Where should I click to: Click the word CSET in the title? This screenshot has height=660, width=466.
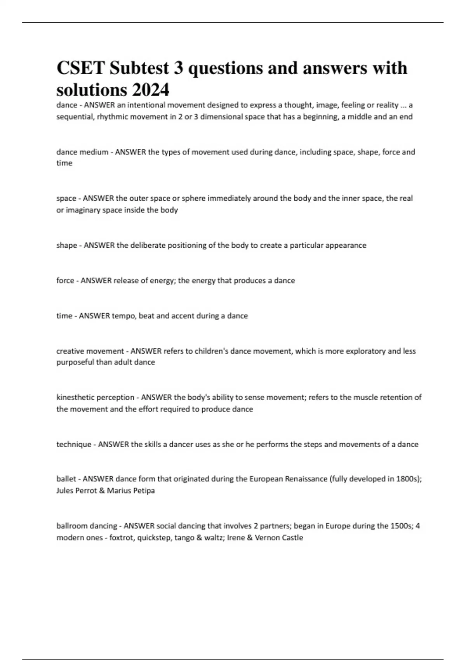tap(80, 68)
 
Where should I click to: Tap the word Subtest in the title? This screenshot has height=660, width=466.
tap(139, 68)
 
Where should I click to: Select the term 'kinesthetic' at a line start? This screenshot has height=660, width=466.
tap(75, 398)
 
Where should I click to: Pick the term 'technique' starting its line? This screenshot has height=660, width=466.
tap(74, 445)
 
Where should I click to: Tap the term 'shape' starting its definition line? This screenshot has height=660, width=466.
tap(66, 245)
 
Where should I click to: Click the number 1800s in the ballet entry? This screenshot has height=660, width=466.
tap(408, 479)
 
